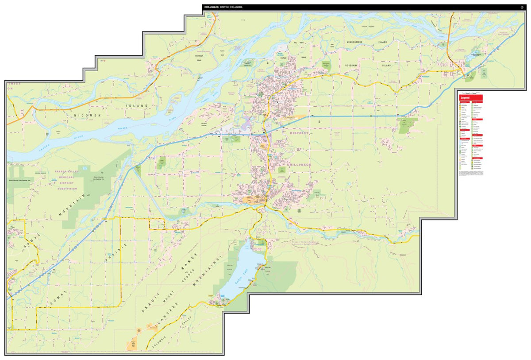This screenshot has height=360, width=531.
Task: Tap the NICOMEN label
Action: point(87,116)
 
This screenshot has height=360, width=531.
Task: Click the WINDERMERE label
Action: point(358,42)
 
